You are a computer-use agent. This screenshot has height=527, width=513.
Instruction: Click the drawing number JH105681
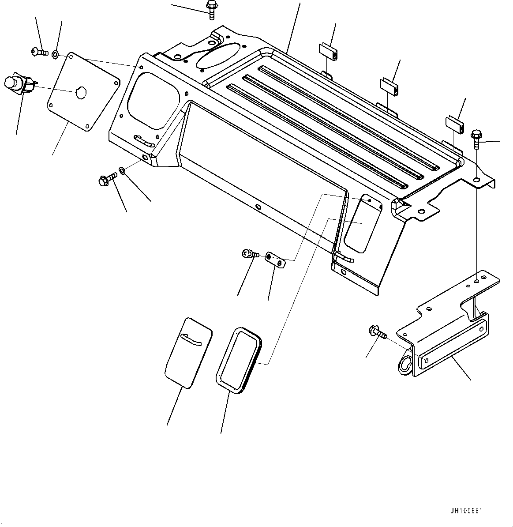466,511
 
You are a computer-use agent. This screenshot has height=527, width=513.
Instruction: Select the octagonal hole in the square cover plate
81,93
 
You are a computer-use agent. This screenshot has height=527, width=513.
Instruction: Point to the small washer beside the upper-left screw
55,54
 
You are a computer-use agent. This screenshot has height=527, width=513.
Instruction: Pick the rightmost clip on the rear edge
454,123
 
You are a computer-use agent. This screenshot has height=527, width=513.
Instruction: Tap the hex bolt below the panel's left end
106,179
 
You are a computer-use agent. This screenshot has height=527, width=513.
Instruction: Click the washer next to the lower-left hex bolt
122,170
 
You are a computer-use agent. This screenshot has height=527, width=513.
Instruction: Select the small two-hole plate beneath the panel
276,260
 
